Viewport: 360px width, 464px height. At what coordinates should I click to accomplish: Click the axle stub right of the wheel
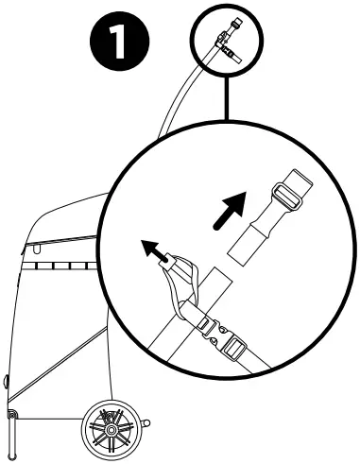coord(145,423)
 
